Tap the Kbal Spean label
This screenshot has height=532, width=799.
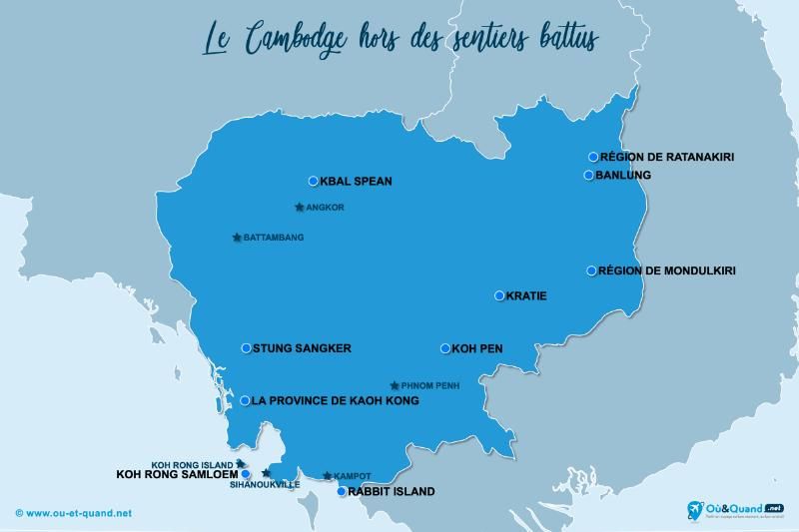point(356,182)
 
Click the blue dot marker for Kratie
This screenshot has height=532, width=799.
point(499,295)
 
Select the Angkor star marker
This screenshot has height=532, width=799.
point(300,208)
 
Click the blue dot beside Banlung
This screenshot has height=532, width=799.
point(589,176)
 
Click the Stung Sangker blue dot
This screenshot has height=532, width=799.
point(246,348)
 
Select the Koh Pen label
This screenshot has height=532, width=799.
point(477,348)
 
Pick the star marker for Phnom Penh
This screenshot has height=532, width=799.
point(395,385)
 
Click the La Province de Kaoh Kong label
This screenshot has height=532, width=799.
point(335,400)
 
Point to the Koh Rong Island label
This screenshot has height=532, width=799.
point(192,464)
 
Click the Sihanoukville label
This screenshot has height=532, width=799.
point(265,484)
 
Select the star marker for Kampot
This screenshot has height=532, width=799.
point(328,476)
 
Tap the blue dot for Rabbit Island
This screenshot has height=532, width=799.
point(342,491)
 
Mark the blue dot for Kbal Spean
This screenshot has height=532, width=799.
point(313,182)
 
